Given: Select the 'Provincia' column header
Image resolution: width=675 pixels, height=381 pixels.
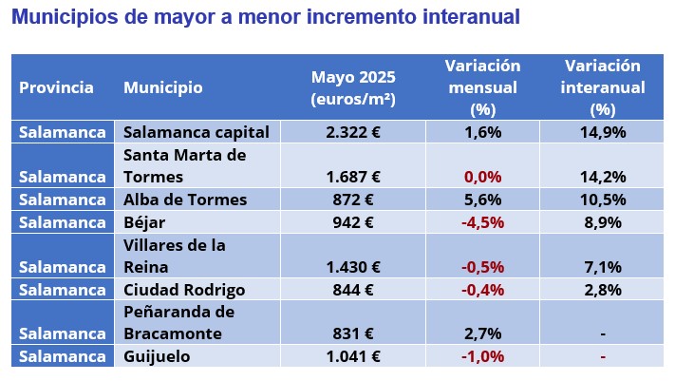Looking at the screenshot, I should [56, 87].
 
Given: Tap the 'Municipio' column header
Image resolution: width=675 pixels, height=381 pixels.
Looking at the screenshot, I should [162, 87].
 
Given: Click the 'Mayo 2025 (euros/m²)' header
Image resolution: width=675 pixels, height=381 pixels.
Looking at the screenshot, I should [353, 87].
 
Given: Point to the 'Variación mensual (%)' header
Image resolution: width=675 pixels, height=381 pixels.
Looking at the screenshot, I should [482, 87].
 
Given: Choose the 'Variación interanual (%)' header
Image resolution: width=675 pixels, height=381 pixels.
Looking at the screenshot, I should [602, 87].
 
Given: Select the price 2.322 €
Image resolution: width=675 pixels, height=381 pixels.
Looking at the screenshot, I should [353, 132].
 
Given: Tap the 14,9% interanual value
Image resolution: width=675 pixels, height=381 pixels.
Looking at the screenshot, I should [602, 132].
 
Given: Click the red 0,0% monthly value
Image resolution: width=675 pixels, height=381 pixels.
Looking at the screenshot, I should [482, 176].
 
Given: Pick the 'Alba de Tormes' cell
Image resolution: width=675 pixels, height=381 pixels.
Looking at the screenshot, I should [185, 200].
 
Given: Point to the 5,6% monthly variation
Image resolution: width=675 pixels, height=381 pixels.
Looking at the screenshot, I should [482, 200].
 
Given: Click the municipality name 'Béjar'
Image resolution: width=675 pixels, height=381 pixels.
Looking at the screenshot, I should [144, 222].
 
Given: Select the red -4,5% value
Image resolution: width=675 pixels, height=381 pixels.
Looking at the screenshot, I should [482, 222].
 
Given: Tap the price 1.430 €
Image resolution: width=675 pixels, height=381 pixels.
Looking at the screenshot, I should [353, 267].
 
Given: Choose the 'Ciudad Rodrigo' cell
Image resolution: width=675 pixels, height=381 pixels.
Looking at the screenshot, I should [184, 290].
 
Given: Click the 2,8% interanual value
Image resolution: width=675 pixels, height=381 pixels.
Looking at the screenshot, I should [602, 290].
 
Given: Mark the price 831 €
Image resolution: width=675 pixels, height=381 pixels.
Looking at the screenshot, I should [353, 333].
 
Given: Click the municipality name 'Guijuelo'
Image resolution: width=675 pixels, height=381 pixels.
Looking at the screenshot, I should [157, 356].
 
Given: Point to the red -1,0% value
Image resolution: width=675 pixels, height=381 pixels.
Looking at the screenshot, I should [482, 356].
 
